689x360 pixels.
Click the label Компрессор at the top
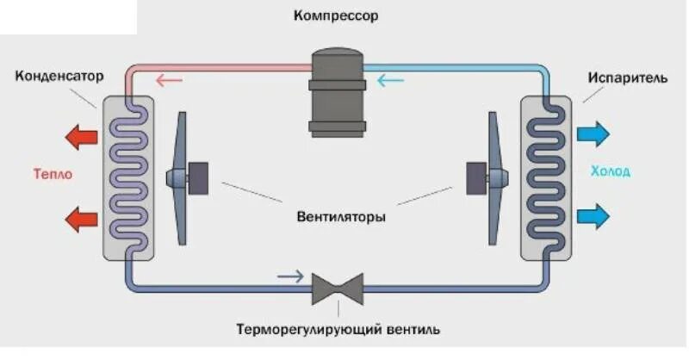[336, 16]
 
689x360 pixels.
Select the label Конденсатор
[59, 77]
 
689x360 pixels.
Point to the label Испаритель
[628, 78]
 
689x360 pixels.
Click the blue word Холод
[611, 171]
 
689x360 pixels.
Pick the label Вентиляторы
[337, 216]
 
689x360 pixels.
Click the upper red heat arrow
[83, 136]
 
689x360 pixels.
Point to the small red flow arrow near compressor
[169, 82]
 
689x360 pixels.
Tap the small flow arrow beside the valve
[290, 276]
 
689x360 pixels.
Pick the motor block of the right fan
[475, 177]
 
